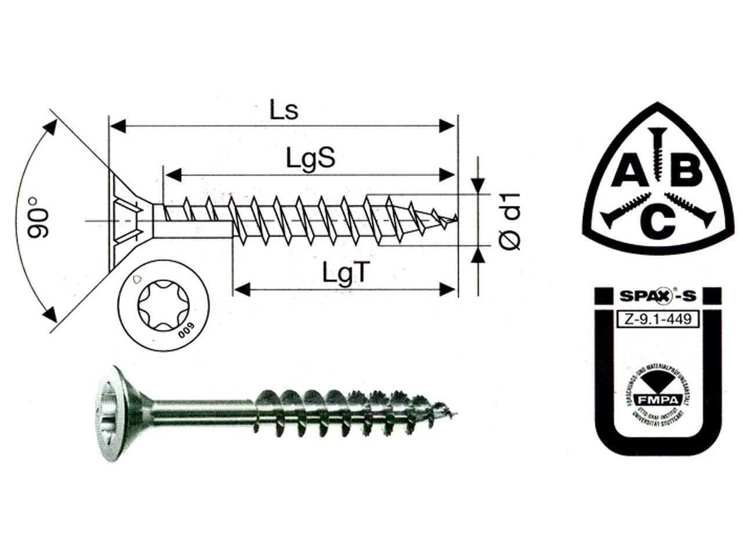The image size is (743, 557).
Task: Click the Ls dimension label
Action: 284,110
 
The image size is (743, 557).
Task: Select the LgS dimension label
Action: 311,158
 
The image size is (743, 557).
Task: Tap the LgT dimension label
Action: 346,272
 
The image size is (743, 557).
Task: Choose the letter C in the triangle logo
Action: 657,222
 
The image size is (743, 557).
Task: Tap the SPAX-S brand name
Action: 657,296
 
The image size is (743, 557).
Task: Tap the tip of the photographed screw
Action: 454,414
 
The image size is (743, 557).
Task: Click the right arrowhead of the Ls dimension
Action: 447,126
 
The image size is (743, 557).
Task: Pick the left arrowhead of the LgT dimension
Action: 241,288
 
